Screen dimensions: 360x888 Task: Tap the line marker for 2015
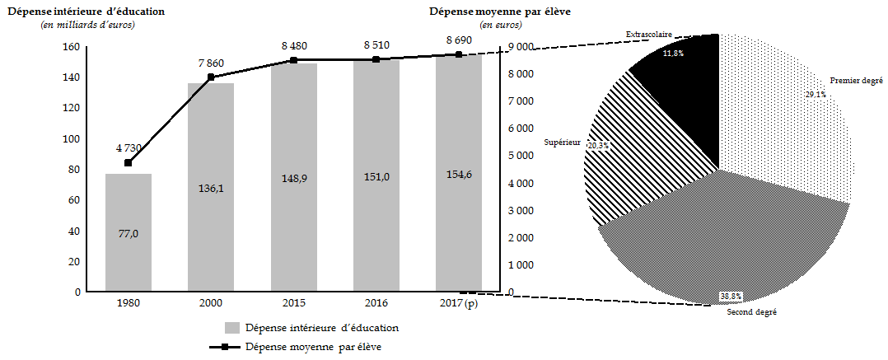pos(293,60)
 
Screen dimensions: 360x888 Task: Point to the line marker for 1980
pos(128,162)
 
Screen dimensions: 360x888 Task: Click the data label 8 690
pos(460,40)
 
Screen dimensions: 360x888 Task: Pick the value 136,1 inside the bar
pos(211,188)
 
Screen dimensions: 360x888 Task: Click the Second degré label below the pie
pos(752,312)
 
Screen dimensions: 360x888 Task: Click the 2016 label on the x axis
pos(376,304)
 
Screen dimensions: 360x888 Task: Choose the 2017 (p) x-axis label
pos(460,304)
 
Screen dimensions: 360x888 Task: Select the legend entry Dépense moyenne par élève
pos(313,347)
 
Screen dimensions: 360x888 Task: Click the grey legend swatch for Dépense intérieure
pos(231,327)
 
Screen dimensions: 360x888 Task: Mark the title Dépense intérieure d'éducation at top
pos(86,11)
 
